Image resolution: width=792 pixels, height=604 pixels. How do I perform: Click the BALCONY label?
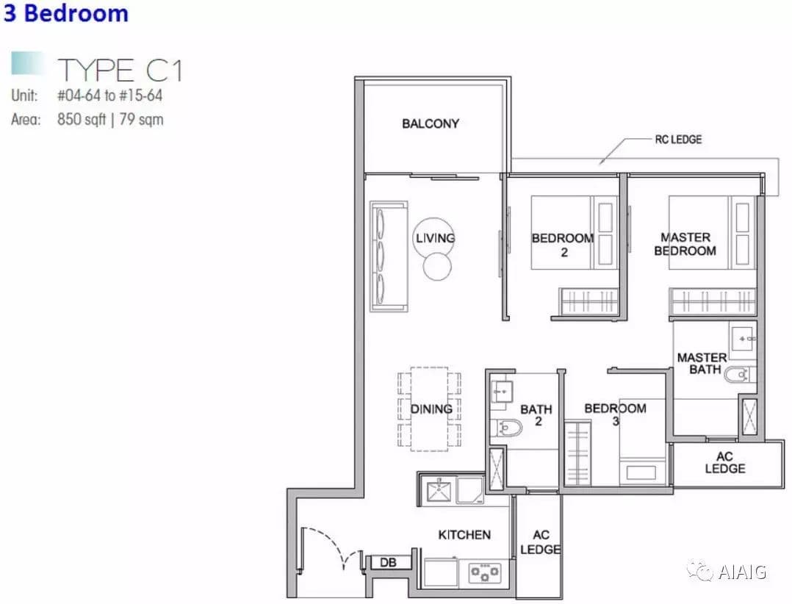click(431, 123)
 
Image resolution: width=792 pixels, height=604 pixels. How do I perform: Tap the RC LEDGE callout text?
click(678, 140)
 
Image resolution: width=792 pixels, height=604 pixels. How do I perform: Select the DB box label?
click(388, 562)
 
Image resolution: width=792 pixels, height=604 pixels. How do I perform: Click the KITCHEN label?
click(464, 535)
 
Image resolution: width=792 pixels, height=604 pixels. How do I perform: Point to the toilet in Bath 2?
click(507, 428)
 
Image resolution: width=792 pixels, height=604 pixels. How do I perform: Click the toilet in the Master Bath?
click(739, 375)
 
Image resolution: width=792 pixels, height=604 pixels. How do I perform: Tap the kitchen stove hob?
click(484, 572)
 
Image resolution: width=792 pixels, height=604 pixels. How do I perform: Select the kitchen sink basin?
click(439, 490)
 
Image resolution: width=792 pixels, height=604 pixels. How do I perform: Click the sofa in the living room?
click(389, 256)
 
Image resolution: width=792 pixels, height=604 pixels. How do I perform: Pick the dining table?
click(429, 409)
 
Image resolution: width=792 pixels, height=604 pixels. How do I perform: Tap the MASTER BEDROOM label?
click(685, 244)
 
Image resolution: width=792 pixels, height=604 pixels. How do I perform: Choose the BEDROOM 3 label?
click(615, 414)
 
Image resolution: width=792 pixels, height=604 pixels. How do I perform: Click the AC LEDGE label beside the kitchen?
click(541, 542)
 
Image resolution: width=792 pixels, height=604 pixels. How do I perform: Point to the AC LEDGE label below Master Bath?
click(725, 463)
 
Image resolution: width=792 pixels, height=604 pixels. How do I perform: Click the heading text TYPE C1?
click(120, 71)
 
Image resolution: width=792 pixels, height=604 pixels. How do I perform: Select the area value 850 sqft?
click(82, 120)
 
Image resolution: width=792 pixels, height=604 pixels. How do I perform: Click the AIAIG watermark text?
click(742, 572)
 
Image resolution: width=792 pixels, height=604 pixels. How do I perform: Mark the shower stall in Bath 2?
click(497, 469)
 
